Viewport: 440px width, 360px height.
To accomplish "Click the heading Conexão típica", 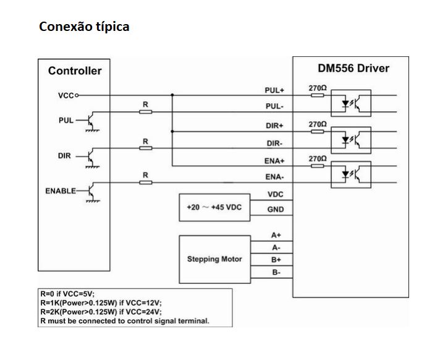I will pos(84,27).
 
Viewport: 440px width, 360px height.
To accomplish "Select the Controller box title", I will pos(75,71).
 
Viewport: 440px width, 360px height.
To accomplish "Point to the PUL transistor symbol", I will pos(91,121).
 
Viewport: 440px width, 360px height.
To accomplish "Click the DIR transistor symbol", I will pos(91,156).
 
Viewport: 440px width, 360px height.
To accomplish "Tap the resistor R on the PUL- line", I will pos(146,113).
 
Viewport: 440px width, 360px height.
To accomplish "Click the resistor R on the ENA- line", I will pos(146,183).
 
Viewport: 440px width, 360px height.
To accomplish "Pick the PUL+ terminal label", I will pos(274,90).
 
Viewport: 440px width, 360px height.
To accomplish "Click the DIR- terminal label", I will pos(274,143).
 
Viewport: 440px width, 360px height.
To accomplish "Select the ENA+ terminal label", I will pos(274,160).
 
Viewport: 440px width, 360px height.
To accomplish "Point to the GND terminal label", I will pos(276,210).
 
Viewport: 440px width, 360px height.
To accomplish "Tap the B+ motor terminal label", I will pos(276,260).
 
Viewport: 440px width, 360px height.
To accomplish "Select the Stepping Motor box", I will pos(214,259).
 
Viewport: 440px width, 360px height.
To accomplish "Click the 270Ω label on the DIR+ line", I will pos(317,124).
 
